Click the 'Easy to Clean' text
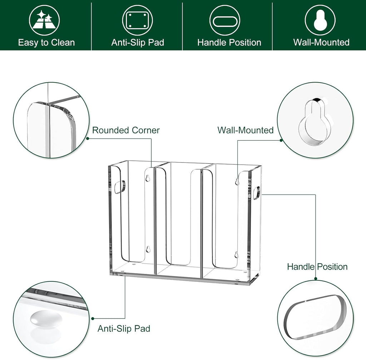46,43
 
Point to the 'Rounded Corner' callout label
126,130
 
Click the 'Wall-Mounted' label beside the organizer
246,130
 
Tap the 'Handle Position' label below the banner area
317,266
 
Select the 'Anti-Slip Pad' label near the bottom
124,329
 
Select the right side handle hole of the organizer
256,192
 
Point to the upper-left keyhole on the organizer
147,179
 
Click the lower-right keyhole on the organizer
236,255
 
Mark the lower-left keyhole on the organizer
147,249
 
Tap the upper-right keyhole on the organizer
237,181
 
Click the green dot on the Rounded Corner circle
87,139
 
